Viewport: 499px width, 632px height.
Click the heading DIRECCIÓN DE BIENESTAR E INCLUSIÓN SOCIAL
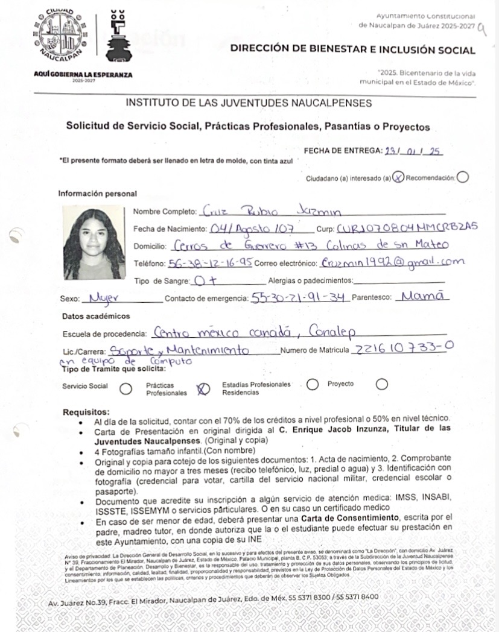[352, 50]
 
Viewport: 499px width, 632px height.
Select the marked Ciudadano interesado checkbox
[399, 177]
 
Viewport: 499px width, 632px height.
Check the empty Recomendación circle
[463, 177]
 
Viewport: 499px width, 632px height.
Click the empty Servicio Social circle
[126, 388]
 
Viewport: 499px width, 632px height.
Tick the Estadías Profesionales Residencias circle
[312, 384]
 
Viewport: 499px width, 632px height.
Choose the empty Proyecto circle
[381, 384]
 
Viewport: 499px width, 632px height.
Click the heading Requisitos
[86, 412]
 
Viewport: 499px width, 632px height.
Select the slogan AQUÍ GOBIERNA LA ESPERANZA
[84, 75]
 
